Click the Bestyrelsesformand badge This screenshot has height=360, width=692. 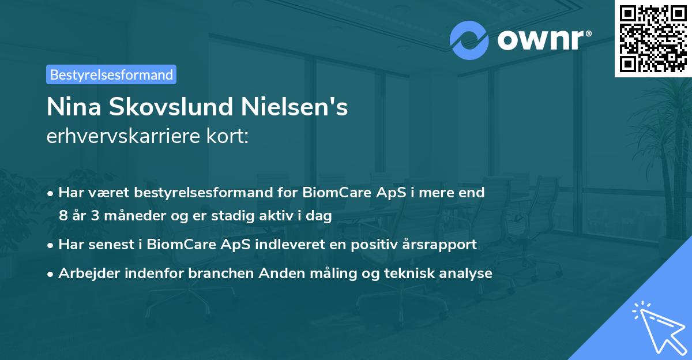pos(111,74)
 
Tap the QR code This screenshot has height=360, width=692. pos(652,38)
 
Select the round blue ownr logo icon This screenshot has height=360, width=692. pos(469,40)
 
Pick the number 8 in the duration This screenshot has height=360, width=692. pos(63,216)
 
